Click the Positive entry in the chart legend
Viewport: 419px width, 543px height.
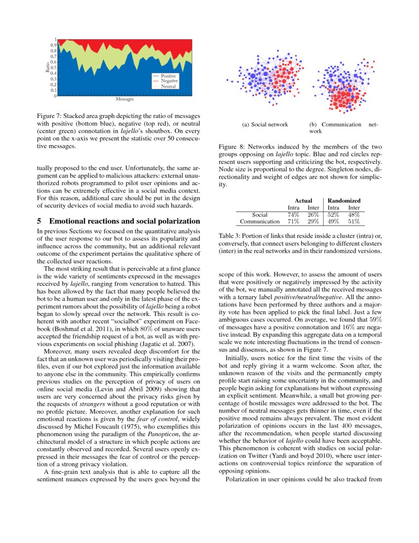pos(169,76)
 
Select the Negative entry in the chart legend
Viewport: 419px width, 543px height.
pos(169,81)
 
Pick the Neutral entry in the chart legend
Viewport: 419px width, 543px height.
pos(168,86)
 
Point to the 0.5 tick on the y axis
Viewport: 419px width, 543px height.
pos(54,68)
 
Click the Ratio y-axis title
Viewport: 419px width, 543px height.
pos(48,68)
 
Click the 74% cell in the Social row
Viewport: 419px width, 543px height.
pos(294,215)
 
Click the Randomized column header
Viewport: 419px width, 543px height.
pos(344,200)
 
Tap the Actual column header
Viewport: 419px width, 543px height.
pos(304,200)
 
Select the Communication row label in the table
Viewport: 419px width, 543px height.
pos(259,222)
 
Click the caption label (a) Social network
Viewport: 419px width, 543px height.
pos(265,124)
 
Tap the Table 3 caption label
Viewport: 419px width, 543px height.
pos(229,236)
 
